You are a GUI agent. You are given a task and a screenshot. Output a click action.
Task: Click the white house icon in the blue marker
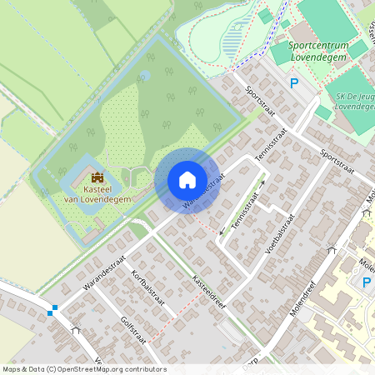pos(187,179)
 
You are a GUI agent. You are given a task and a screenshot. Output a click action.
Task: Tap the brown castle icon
pos(98,177)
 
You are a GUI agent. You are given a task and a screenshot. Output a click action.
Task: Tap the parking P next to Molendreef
pos(366,282)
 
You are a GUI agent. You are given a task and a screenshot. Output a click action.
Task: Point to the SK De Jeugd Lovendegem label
pos(348,101)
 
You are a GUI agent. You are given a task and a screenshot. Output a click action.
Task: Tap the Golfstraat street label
pos(133,331)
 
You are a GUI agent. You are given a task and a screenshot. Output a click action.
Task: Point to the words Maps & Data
pos(22,368)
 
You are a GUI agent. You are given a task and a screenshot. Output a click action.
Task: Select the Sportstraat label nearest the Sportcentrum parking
pos(261,103)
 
